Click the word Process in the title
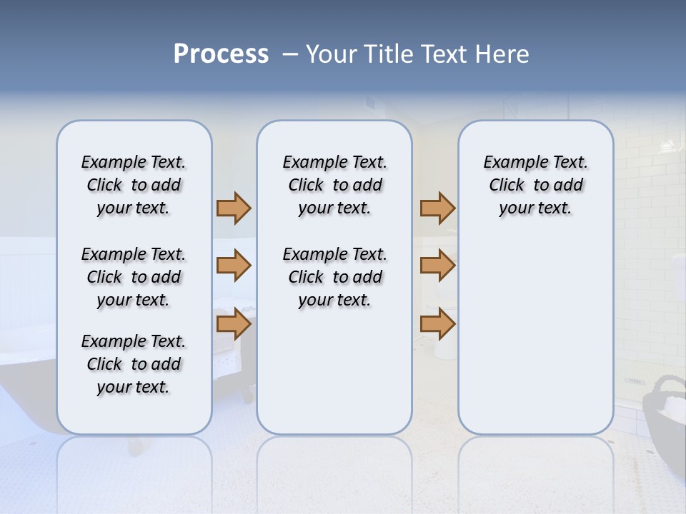[x=221, y=54]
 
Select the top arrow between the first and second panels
[x=234, y=208]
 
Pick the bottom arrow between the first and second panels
[x=234, y=325]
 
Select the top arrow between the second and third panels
[x=437, y=208]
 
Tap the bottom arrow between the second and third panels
[x=437, y=325]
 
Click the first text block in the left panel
[x=134, y=185]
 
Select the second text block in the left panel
[x=134, y=277]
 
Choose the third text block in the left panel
[x=134, y=364]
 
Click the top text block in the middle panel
[x=334, y=185]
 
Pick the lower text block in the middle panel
[x=334, y=277]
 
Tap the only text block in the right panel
[x=535, y=185]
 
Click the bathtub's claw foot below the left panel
[x=247, y=392]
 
